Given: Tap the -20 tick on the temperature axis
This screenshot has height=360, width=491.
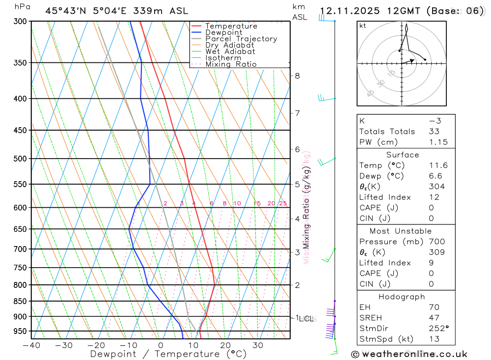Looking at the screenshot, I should click(96, 345).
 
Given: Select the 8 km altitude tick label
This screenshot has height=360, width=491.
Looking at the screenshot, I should click(297, 76).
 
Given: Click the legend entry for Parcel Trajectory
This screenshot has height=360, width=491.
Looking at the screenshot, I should click(241, 39).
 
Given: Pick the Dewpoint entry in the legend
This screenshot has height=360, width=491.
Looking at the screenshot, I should click(223, 32).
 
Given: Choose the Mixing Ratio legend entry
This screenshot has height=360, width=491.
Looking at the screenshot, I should click(231, 64).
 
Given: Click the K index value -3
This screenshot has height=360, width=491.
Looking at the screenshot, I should click(435, 121).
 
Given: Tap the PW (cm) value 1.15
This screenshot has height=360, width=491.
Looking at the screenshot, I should click(438, 142).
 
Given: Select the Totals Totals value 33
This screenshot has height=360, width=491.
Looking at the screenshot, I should click(435, 132).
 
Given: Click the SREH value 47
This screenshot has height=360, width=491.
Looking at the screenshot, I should click(435, 318).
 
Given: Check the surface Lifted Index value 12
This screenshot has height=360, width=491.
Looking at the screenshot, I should click(435, 197).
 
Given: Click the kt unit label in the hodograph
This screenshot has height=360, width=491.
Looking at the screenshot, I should click(362, 26).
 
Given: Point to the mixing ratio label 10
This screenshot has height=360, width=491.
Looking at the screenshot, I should click(237, 203).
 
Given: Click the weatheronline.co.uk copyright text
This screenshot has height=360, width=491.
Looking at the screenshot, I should click(409, 354).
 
